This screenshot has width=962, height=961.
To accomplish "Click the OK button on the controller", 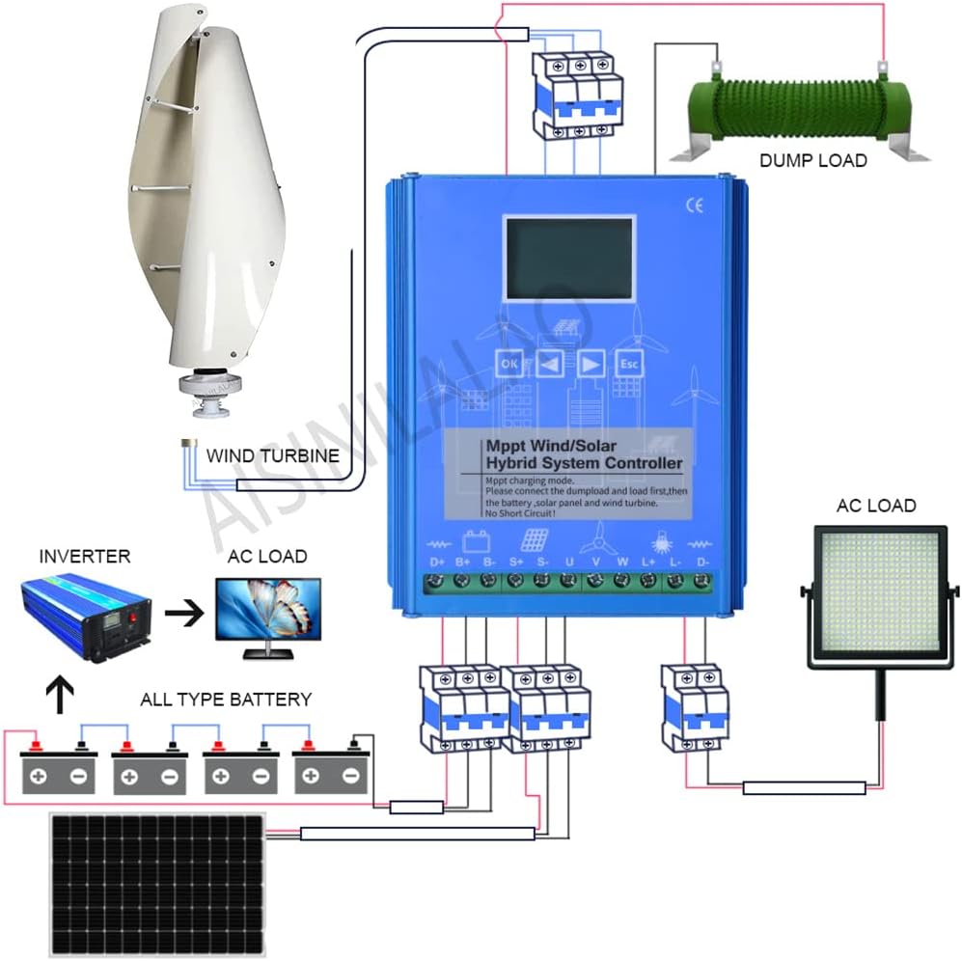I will point(510,364).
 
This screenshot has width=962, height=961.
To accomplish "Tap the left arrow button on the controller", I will point(550,364).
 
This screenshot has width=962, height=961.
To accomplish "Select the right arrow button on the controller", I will point(591,364).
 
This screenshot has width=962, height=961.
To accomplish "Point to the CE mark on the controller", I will point(694,204).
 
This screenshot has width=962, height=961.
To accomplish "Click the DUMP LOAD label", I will point(812,160).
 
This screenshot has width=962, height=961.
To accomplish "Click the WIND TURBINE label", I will point(273,454).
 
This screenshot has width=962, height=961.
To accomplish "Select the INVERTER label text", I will point(85,557).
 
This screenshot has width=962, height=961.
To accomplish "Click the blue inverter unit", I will point(85,615).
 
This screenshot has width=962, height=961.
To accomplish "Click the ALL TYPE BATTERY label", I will point(226,700).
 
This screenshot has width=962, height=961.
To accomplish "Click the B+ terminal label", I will point(462,561).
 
